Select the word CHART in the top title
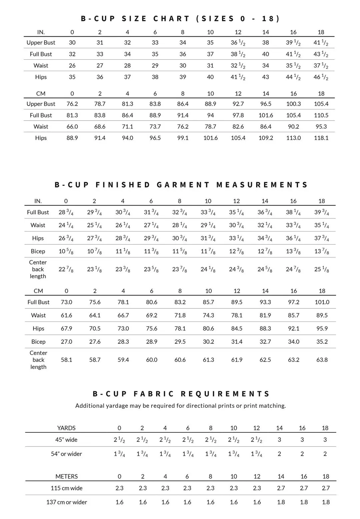click(171, 19)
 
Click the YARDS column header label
click(66, 428)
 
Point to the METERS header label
click(67, 477)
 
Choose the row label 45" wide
click(66, 440)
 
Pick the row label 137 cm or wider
click(67, 502)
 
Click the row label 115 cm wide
click(67, 488)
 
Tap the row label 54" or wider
click(66, 454)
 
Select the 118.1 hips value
click(321, 138)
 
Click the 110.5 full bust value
click(321, 115)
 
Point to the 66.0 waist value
click(72, 127)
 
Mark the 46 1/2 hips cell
click(321, 77)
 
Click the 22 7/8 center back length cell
click(66, 269)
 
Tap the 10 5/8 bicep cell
click(66, 252)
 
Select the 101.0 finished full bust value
click(322, 302)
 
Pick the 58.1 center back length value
click(66, 360)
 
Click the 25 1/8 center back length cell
click(322, 269)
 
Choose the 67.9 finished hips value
click(66, 328)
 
